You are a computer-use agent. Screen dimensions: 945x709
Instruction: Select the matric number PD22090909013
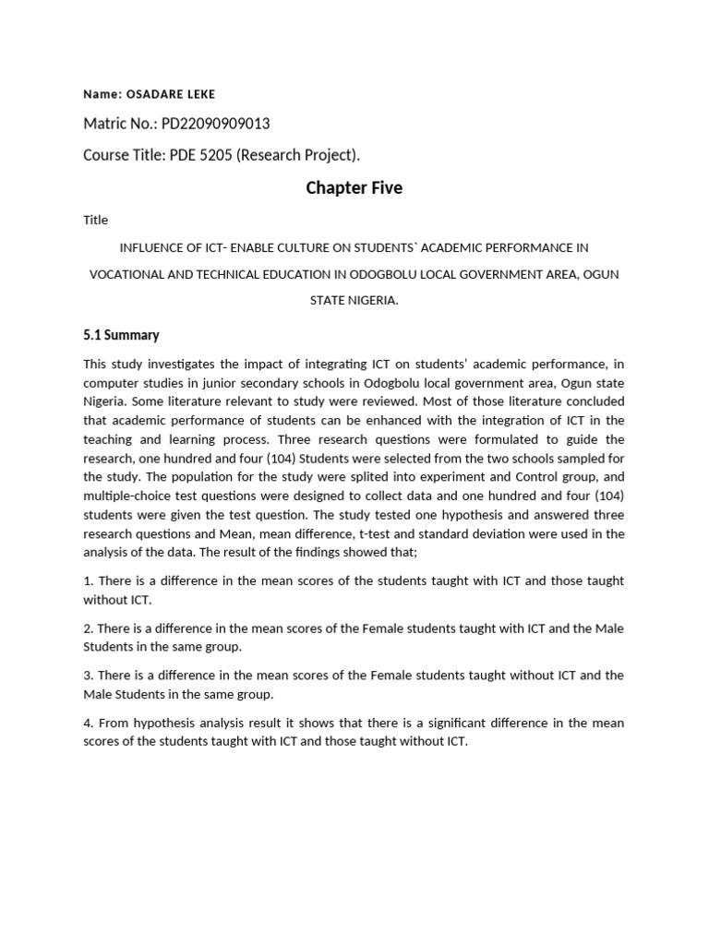216,124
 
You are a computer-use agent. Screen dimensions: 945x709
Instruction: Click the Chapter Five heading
354,188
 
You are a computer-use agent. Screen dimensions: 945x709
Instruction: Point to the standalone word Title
95,220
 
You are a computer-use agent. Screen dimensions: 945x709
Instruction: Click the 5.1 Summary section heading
121,335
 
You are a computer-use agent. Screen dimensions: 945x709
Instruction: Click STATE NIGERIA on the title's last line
354,301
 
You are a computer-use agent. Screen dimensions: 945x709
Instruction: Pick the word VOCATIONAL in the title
124,274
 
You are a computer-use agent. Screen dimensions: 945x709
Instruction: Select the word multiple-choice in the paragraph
127,496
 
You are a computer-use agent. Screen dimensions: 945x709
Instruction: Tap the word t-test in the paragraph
424,533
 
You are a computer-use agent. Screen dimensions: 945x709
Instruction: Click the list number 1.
88,580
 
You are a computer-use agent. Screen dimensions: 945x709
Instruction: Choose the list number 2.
88,628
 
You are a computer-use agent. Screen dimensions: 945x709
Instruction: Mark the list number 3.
88,676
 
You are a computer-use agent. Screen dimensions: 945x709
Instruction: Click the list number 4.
88,723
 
